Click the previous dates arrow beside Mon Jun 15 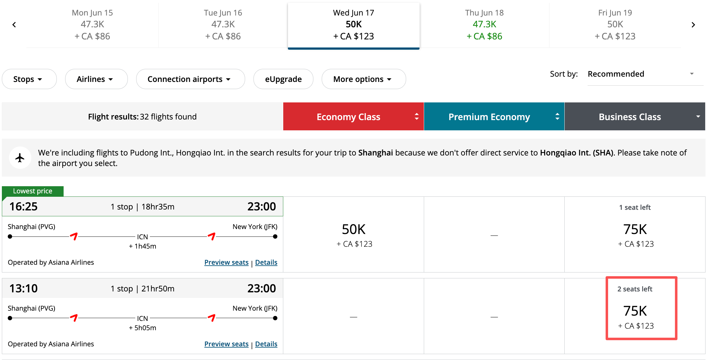14,25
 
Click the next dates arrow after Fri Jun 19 693,25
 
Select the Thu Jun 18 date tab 484,25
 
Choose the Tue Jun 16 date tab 223,25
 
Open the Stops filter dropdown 29,79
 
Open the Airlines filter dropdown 96,79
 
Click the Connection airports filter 190,79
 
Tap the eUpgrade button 283,79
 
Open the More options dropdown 363,79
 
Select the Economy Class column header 353,117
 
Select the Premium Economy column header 494,117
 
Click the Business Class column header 634,117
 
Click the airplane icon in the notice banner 20,158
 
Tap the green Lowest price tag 33,191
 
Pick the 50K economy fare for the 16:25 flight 354,235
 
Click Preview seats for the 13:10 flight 226,344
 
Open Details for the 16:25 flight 266,262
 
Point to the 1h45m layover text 142,246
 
